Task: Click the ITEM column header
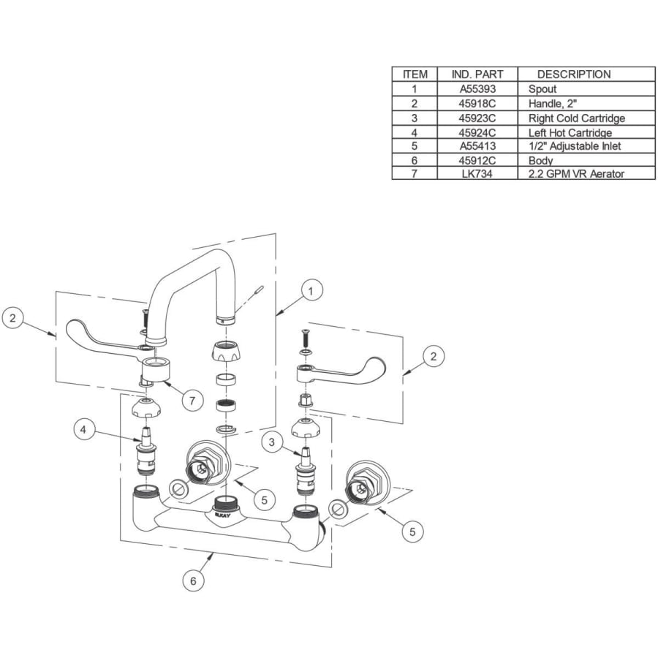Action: (415, 74)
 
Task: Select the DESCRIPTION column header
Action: (573, 74)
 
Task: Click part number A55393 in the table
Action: (477, 88)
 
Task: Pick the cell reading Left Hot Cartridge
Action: (570, 133)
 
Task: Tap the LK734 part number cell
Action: (477, 173)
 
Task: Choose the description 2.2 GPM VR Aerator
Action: (577, 173)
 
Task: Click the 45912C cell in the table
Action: (477, 160)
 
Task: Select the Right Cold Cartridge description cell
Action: (576, 118)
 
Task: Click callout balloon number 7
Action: (192, 401)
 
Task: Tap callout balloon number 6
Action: (193, 581)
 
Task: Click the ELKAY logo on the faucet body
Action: (225, 516)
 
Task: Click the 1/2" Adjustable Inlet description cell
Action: (574, 146)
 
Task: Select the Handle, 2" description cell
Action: (553, 103)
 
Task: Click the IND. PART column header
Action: (477, 74)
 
